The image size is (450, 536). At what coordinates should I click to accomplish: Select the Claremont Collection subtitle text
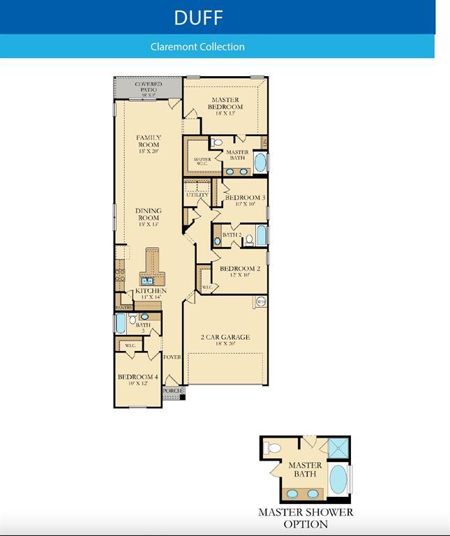(x=197, y=47)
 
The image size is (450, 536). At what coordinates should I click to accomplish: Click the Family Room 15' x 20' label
(x=148, y=143)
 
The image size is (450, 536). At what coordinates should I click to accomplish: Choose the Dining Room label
(x=148, y=217)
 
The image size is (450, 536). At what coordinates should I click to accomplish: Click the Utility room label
(x=197, y=195)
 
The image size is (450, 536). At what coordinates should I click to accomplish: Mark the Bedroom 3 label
(x=244, y=200)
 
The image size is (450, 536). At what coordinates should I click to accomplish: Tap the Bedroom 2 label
(x=240, y=271)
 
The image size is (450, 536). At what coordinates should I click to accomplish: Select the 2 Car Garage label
(x=225, y=339)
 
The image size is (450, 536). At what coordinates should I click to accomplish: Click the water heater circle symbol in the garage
(x=261, y=301)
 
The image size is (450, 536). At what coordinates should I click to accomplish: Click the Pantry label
(x=123, y=306)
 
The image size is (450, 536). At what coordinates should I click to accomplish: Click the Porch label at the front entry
(x=172, y=391)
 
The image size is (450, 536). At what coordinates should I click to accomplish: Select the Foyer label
(x=172, y=357)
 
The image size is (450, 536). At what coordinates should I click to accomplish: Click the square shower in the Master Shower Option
(x=338, y=447)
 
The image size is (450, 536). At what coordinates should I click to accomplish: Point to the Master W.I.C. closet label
(x=202, y=161)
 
